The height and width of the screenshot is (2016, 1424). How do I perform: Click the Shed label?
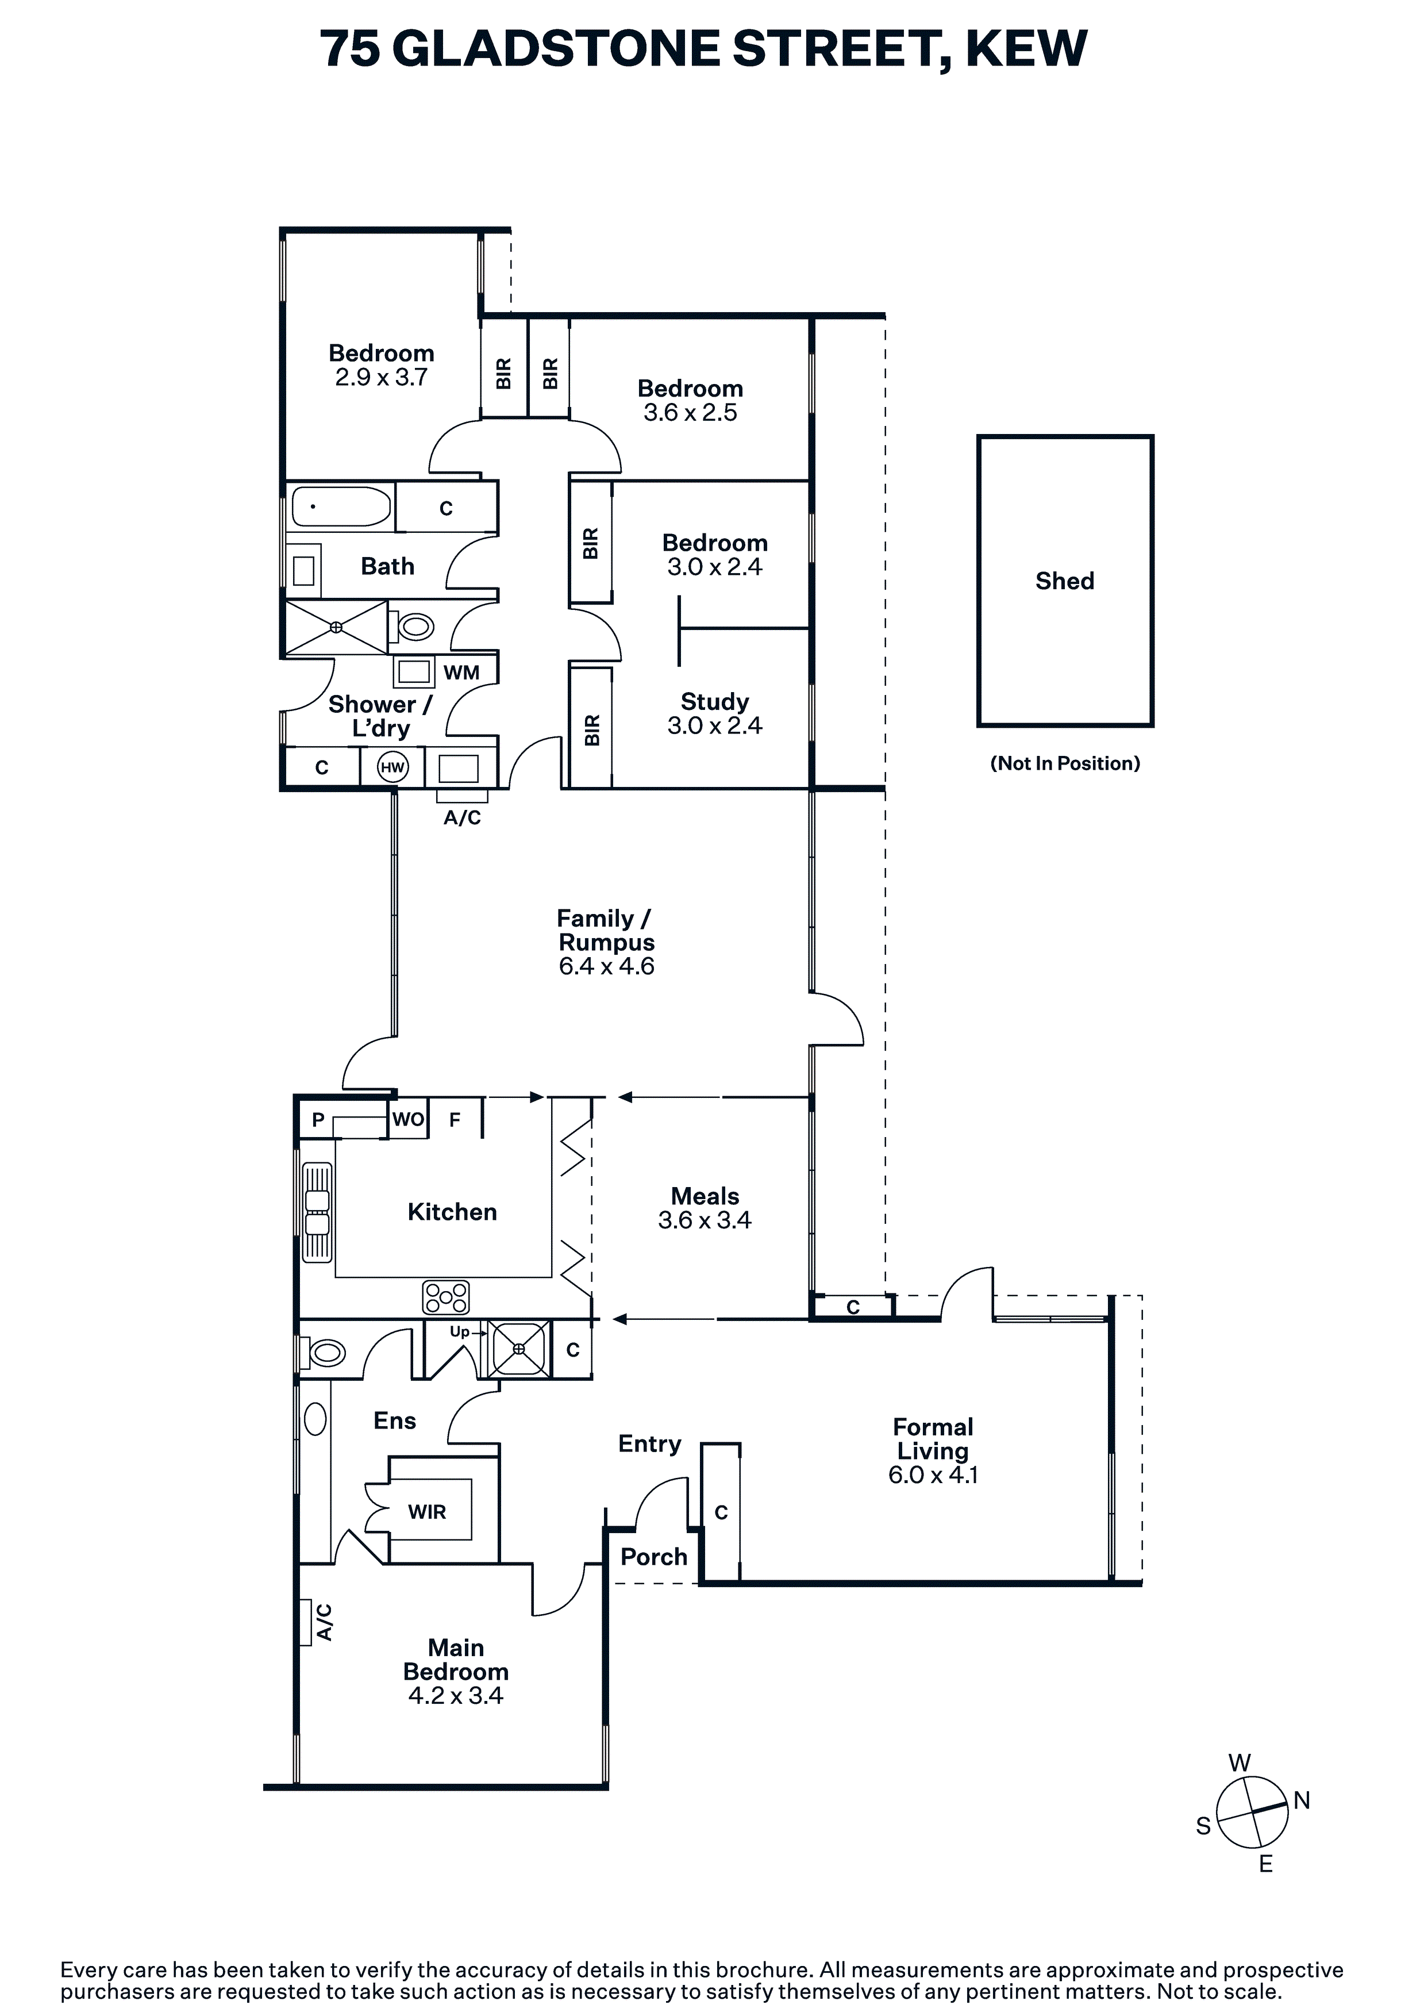1064,581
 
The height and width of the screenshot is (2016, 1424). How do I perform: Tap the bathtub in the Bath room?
341,506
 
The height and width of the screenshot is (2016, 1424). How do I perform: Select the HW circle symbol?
392,767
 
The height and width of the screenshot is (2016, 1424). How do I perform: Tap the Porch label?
653,1557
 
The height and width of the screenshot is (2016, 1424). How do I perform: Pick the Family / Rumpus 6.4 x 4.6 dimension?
607,966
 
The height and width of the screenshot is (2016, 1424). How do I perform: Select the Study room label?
715,701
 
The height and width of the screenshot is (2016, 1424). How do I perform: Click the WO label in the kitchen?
408,1119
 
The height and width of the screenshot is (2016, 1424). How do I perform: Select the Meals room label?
705,1196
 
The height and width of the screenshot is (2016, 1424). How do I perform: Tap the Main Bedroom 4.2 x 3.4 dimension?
456,1695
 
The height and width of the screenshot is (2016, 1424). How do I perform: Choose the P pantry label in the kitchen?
318,1119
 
